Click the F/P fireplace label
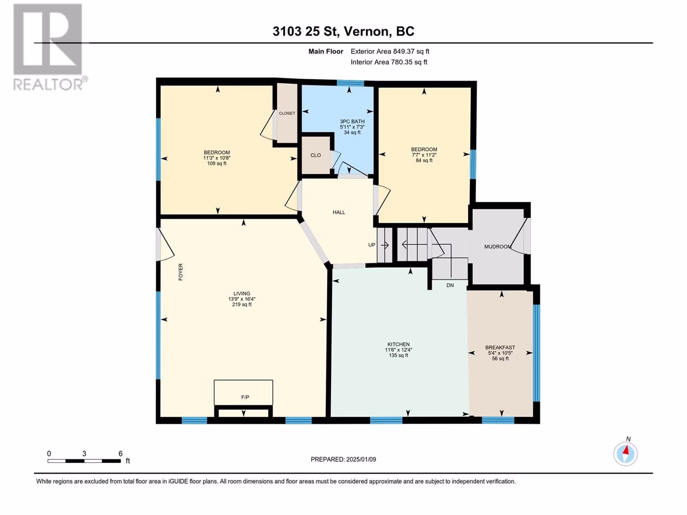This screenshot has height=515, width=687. (245, 397)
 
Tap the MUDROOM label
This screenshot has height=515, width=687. (498, 247)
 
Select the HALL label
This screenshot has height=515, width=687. (339, 212)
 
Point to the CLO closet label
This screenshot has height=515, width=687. (316, 155)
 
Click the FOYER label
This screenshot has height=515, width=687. (181, 272)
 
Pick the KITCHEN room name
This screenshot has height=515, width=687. (398, 344)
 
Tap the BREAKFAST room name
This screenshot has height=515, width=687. (500, 347)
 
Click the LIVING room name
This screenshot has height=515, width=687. (242, 294)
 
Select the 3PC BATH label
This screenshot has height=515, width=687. (352, 121)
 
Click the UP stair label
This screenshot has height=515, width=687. (371, 245)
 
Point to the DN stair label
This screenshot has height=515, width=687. (450, 285)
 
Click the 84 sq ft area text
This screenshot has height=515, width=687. (424, 161)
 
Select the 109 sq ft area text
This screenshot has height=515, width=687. (216, 164)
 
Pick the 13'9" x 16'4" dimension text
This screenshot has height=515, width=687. (242, 299)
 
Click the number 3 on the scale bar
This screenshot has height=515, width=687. (84, 453)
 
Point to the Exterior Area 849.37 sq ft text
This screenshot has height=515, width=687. (390, 51)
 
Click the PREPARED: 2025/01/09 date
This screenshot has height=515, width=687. (343, 459)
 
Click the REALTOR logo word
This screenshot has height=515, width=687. (49, 85)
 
